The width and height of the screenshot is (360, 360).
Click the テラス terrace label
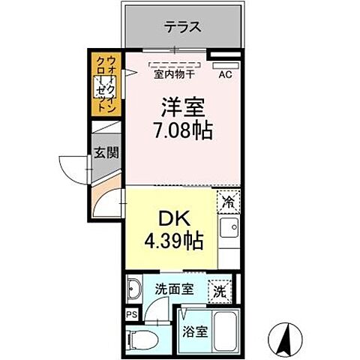tap(182, 28)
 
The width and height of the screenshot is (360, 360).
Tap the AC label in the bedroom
tap(224, 73)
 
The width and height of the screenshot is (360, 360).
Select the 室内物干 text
tap(174, 73)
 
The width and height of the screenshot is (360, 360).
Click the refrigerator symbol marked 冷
tap(229, 201)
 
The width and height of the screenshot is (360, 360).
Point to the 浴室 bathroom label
tap(194, 331)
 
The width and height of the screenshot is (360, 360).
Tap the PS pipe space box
tap(131, 316)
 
